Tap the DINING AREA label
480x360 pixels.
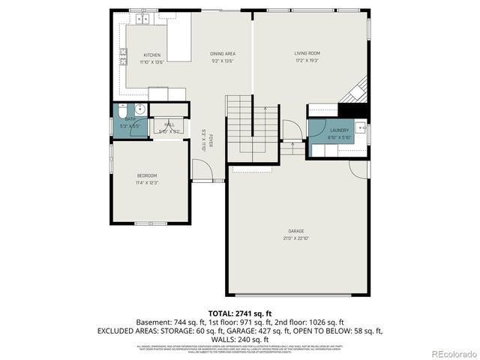click(x=223, y=55)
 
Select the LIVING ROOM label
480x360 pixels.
click(x=307, y=53)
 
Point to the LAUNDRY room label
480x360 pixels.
click(x=339, y=130)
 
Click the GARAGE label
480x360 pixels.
click(x=296, y=231)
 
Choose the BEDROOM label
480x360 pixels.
click(x=147, y=175)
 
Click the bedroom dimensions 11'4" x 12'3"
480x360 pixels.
click(x=147, y=182)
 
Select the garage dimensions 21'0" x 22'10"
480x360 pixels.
click(x=296, y=238)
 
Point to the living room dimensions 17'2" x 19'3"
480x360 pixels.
click(x=307, y=60)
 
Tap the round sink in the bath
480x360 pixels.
click(x=139, y=109)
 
